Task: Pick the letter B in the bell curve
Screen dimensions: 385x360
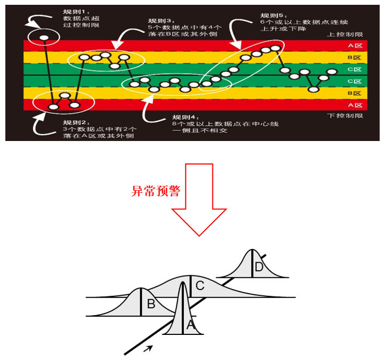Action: click(x=151, y=304)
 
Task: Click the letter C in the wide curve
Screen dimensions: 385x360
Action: click(x=200, y=286)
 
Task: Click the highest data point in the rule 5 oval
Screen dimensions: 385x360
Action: click(x=275, y=48)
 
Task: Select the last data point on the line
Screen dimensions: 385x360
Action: click(x=332, y=72)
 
